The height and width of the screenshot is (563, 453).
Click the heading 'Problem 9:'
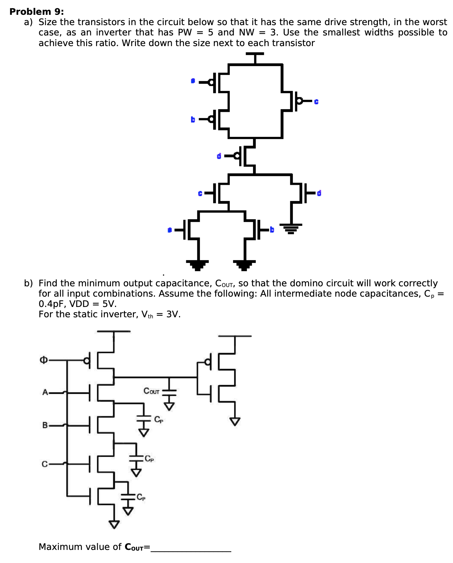coord(36,12)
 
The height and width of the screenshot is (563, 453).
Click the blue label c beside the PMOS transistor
coord(316,102)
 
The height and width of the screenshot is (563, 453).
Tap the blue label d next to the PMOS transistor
coord(219,156)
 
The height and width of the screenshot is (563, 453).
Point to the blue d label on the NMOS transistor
coord(319,193)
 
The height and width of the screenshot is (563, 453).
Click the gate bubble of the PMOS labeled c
coord(299,101)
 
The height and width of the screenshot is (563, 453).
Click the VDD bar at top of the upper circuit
coord(255,54)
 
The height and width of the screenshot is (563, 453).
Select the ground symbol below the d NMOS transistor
coord(291,228)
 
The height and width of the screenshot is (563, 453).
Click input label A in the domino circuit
coord(45,392)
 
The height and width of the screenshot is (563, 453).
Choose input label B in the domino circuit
coord(45,425)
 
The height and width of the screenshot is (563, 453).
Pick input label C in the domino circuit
coord(45,464)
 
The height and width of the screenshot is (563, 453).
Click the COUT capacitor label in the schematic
coord(151,391)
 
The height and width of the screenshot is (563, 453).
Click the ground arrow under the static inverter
coord(235,421)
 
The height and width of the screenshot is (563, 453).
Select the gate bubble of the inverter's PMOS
coord(207,362)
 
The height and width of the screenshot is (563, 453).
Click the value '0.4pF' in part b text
coord(51,304)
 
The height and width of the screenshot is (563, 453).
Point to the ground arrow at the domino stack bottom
coord(114,524)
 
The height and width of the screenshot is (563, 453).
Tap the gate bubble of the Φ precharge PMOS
coord(87,361)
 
